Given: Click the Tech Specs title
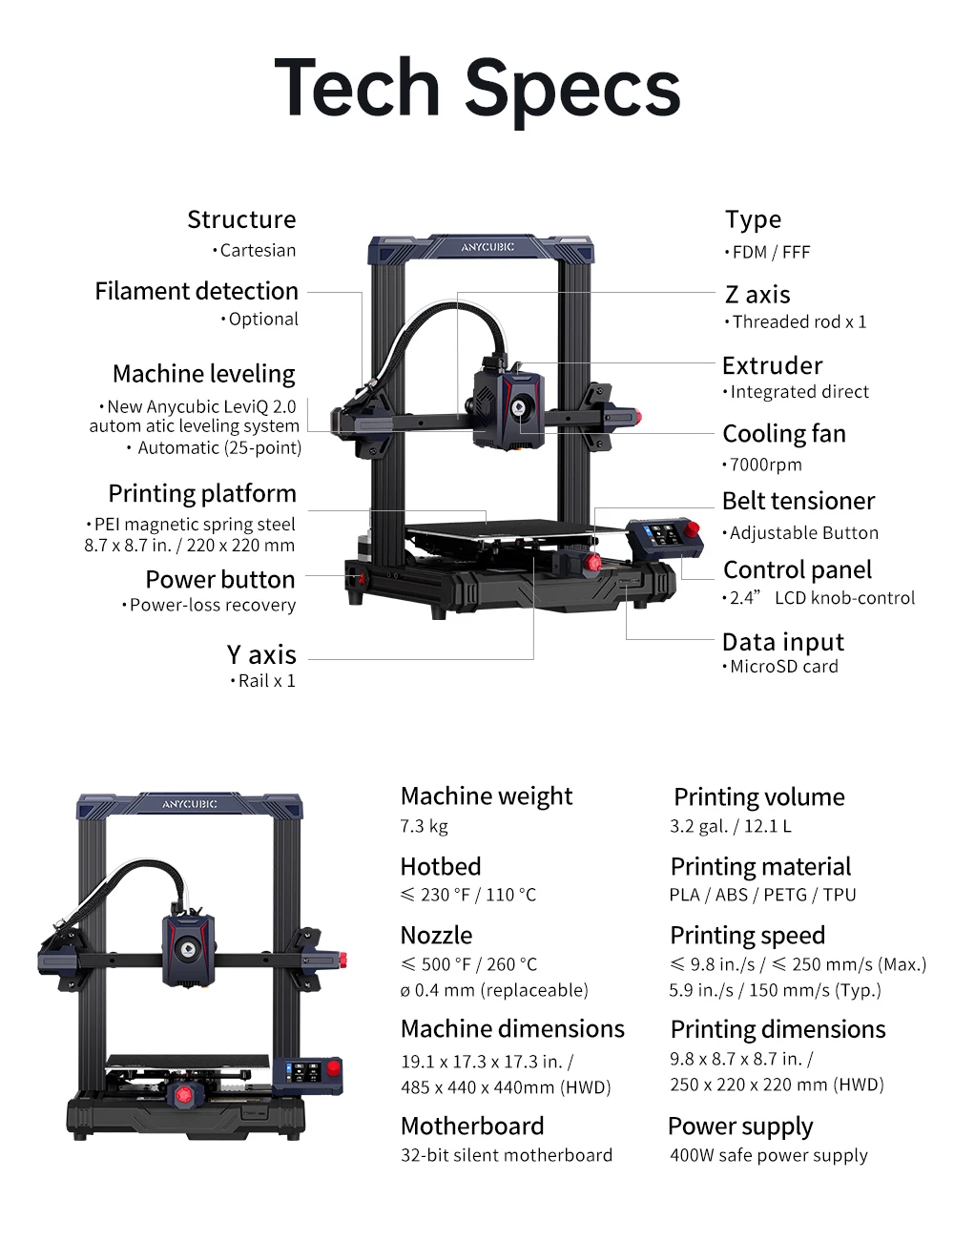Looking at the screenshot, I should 477,88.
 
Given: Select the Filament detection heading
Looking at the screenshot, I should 197,291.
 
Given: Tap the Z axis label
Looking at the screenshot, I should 757,295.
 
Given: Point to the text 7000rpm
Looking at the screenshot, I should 765,465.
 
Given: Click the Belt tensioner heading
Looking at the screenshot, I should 798,501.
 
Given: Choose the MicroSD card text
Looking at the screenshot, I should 783,667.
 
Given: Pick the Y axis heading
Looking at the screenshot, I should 261,655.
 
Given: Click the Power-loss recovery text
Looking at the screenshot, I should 212,605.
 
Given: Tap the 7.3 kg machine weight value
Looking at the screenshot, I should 424,826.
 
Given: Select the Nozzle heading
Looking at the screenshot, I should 436,935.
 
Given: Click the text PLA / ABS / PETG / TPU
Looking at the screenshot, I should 762,895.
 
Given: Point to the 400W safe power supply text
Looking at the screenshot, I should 768,1155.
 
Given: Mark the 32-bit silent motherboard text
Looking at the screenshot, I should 507,1155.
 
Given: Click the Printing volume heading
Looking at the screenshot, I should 758,796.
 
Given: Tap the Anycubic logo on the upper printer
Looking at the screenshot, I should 487,247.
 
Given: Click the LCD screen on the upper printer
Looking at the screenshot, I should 665,533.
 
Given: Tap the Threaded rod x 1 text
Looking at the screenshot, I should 799,321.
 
